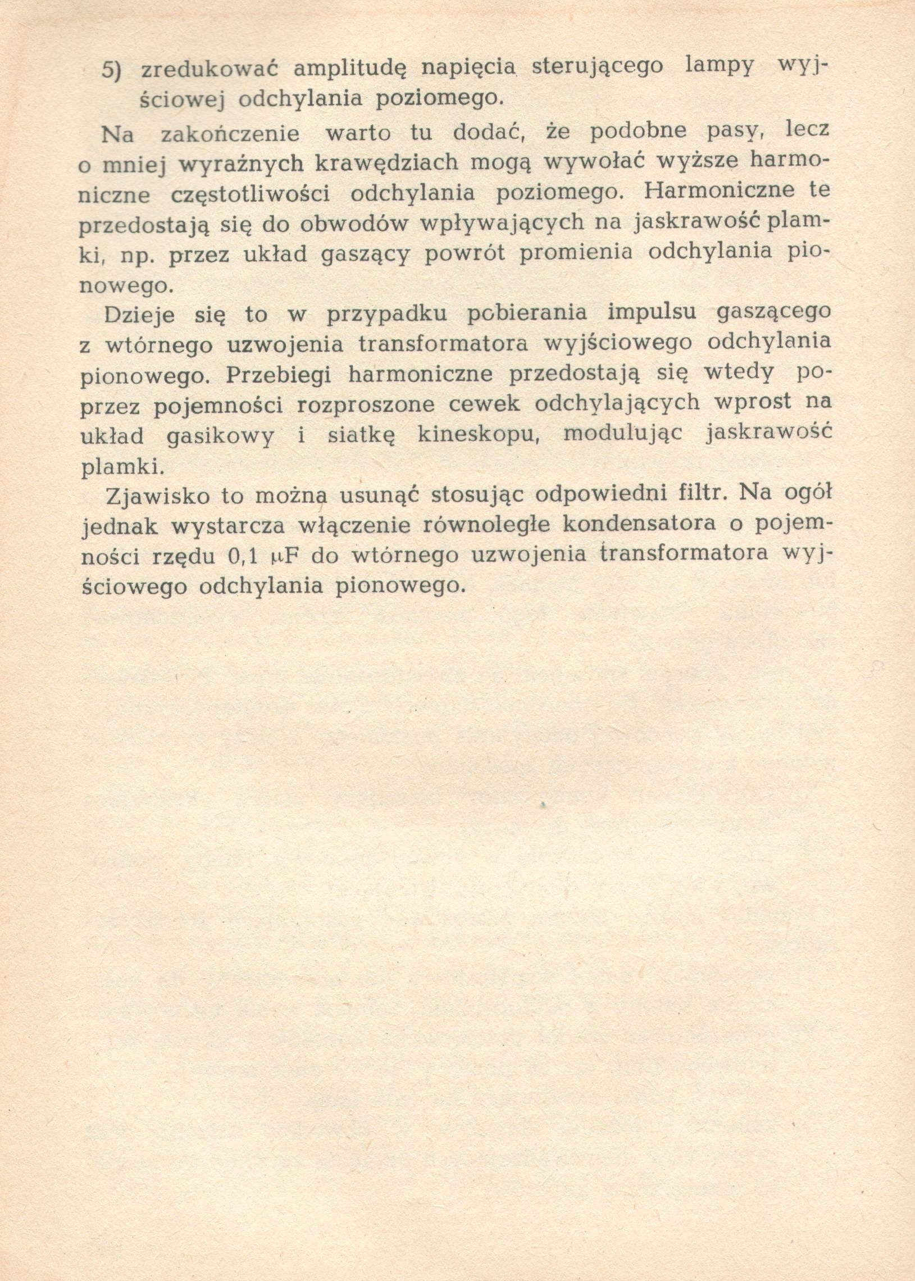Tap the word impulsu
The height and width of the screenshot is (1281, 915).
point(653,313)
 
